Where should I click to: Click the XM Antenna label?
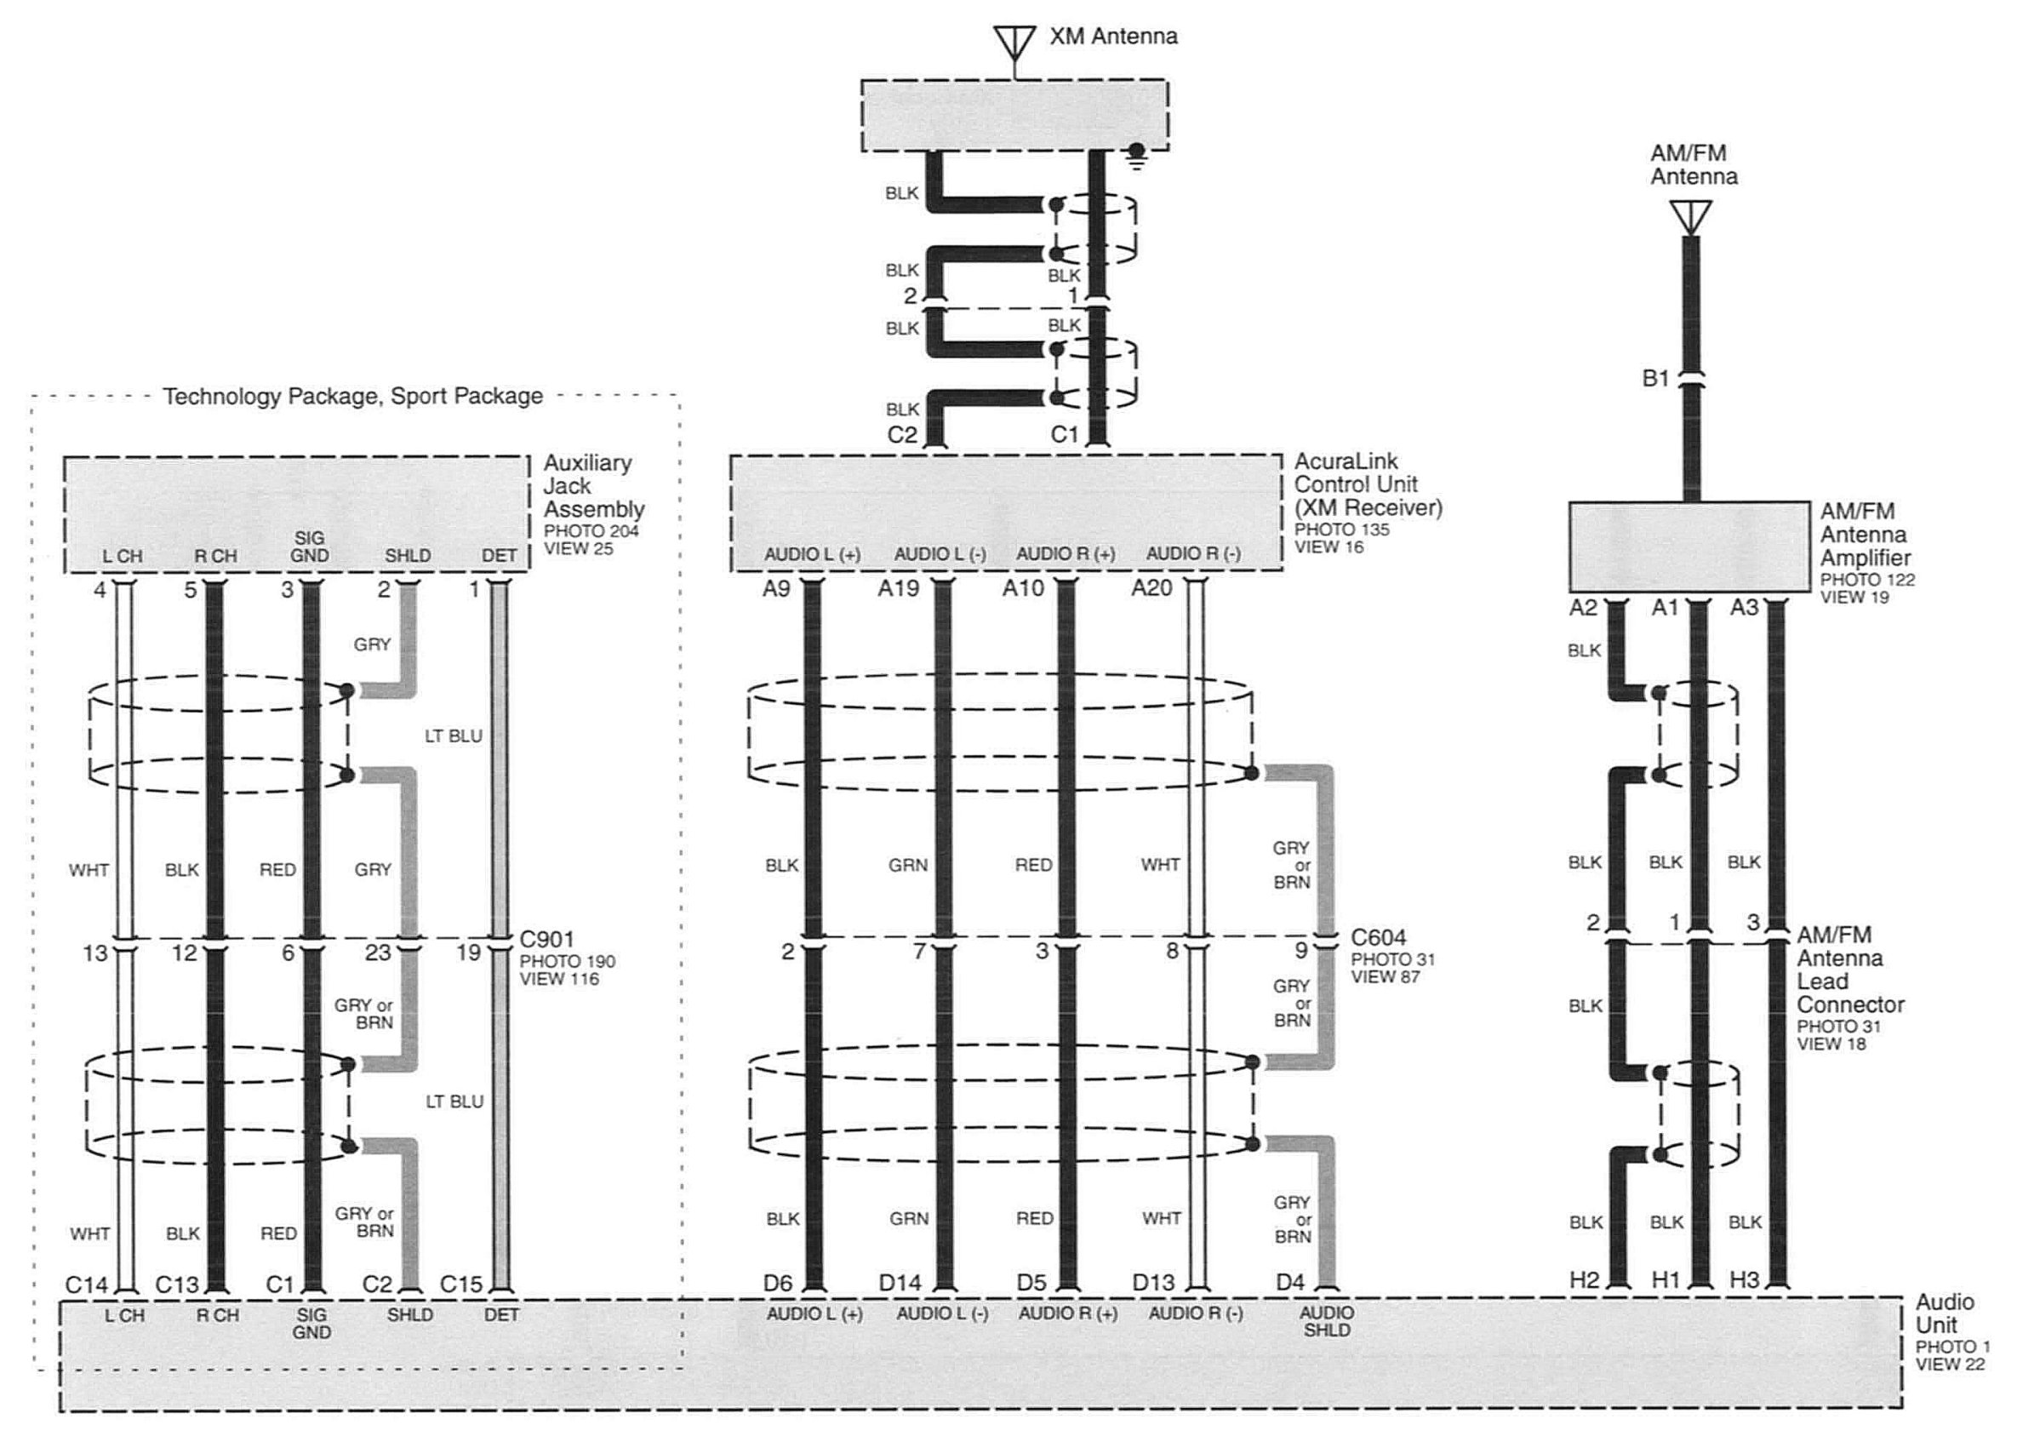click(x=1113, y=37)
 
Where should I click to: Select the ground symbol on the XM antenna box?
click(x=1135, y=156)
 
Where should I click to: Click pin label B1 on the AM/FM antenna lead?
click(x=1655, y=378)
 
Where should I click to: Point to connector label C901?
click(x=547, y=939)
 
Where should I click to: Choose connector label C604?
click(x=1379, y=938)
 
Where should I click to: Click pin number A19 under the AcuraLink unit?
click(x=898, y=588)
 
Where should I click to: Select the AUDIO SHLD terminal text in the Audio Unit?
click(x=1327, y=1321)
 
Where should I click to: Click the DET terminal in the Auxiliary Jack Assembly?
click(x=499, y=556)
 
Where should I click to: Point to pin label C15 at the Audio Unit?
click(x=461, y=1284)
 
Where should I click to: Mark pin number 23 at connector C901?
click(x=378, y=953)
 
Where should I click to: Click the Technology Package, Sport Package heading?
click(x=352, y=396)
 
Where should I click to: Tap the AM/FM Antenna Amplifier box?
click(x=1689, y=546)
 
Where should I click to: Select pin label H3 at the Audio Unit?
click(x=1745, y=1279)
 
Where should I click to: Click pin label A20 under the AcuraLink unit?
click(x=1151, y=588)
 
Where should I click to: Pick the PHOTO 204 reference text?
click(x=591, y=531)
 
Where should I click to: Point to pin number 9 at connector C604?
click(x=1301, y=951)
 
